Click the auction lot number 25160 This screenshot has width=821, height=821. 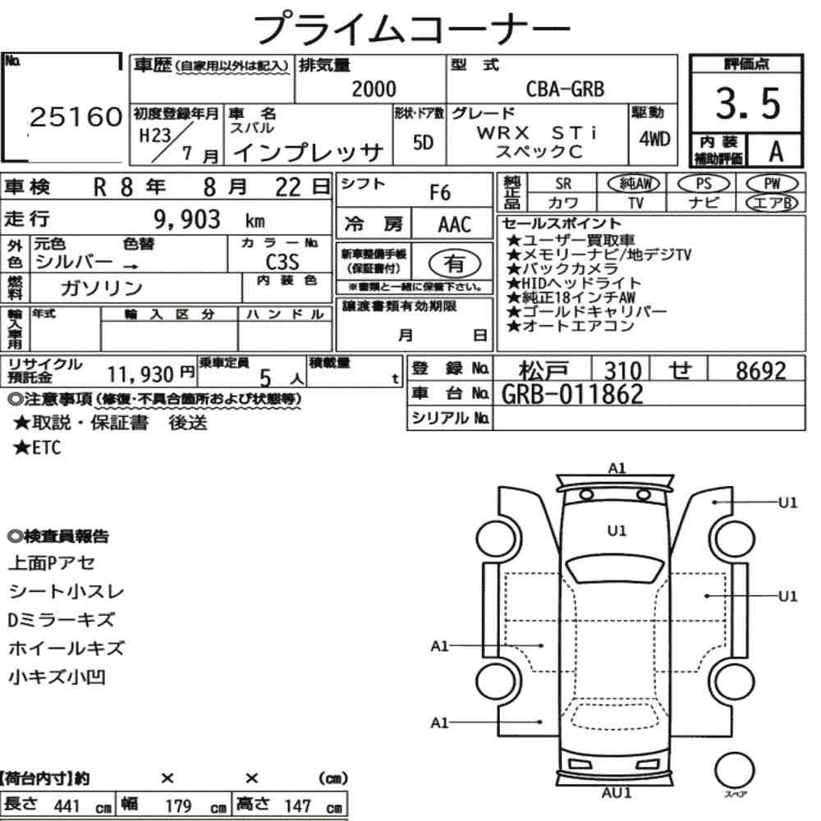tap(76, 117)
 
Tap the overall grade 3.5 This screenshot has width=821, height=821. tap(748, 103)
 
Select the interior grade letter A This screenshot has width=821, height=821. tap(776, 151)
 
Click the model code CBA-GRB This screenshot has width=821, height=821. tap(565, 89)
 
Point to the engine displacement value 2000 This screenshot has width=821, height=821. tap(374, 89)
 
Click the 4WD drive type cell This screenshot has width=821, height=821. tap(654, 140)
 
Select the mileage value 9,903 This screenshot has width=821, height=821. tap(187, 219)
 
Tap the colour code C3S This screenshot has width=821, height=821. tap(282, 262)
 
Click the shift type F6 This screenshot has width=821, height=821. tap(440, 193)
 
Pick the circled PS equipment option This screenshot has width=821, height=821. tap(704, 183)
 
